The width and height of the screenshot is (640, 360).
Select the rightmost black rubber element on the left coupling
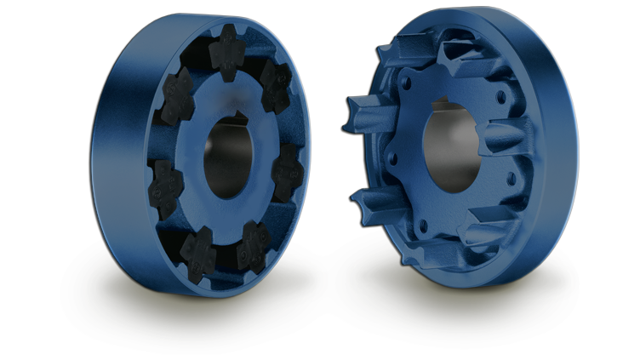click(288, 171)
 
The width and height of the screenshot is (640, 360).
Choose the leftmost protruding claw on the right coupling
click(360, 115)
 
